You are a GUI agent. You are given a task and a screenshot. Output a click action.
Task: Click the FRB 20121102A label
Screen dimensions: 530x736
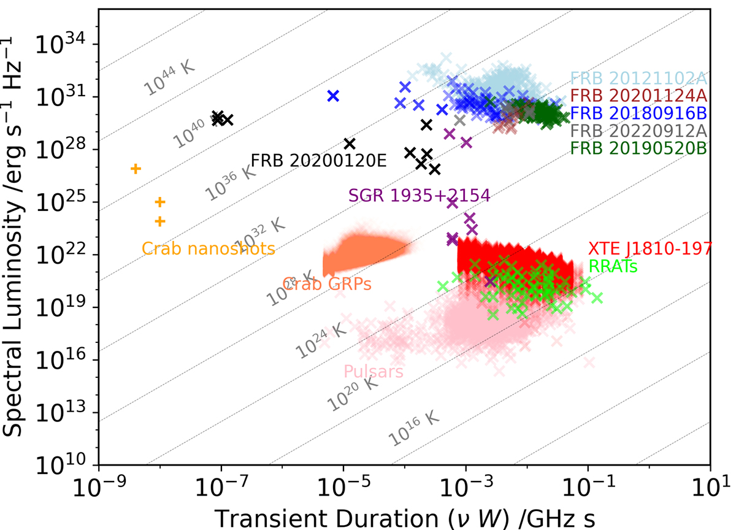coord(639,79)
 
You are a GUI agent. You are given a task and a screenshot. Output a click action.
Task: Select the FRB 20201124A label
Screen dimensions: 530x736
coord(639,96)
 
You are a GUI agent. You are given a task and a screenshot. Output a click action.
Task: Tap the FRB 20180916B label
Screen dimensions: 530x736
coord(639,113)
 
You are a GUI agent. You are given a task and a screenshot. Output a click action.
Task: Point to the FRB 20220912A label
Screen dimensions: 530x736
coord(639,131)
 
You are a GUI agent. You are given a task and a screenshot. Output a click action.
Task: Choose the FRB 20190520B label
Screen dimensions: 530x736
coord(639,148)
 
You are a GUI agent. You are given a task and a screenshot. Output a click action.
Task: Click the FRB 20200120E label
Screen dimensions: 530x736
coord(319,161)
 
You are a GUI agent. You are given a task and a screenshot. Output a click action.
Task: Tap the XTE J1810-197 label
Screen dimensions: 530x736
coord(650,248)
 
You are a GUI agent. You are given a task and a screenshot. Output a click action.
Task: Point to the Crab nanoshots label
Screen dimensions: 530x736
coord(208,248)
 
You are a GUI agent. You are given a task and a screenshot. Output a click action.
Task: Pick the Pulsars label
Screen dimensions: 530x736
coord(373,371)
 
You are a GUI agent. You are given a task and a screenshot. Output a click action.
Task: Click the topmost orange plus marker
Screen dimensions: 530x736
coord(136,169)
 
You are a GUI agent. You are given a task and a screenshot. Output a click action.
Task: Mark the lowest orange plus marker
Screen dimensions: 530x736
coord(160,221)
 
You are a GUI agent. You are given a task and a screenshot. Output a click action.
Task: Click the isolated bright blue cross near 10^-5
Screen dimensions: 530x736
coord(333,96)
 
